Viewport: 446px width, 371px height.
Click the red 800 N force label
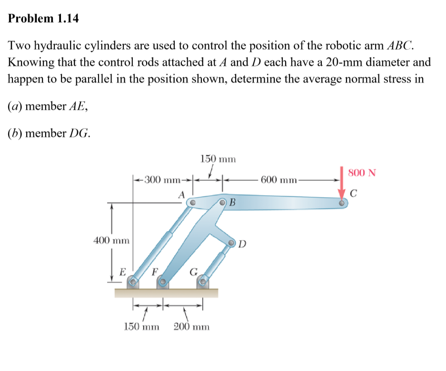(362, 172)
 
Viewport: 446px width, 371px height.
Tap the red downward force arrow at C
(342, 183)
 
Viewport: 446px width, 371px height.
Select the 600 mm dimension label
(279, 180)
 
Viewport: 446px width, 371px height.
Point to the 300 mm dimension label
(162, 180)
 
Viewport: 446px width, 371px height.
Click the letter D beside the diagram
(242, 245)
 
